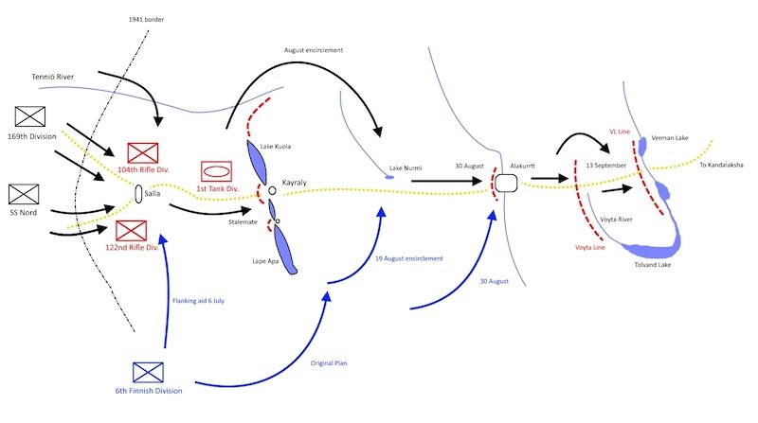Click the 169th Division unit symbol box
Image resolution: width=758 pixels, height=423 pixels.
(31, 116)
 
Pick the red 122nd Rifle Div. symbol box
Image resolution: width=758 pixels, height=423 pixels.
(132, 230)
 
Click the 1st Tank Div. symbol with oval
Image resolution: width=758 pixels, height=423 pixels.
(215, 172)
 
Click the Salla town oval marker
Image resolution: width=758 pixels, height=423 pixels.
(138, 194)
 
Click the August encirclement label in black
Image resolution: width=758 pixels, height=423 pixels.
(313, 48)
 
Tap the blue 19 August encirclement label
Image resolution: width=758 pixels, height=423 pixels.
(409, 258)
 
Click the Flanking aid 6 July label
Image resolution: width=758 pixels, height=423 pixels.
(198, 301)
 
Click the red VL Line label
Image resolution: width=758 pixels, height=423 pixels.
(619, 132)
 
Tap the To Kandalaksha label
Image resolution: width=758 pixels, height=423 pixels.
(720, 165)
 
